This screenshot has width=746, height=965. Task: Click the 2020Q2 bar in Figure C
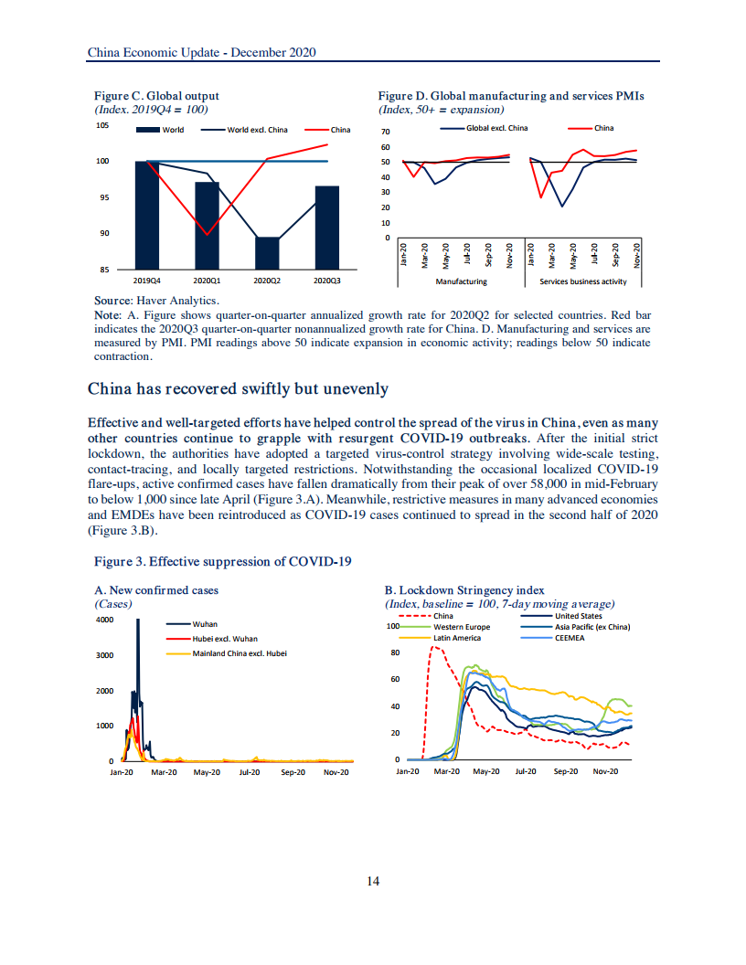[267, 253]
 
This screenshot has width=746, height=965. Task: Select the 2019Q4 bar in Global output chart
[146, 215]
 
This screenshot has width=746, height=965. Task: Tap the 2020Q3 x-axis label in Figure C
[327, 281]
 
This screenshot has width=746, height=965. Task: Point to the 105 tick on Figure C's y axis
[102, 125]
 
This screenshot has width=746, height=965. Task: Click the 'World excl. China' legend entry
[257, 130]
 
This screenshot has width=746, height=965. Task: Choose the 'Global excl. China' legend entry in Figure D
[497, 128]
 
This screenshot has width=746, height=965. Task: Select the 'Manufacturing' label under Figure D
[461, 281]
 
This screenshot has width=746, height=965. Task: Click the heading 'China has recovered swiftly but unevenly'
[238, 389]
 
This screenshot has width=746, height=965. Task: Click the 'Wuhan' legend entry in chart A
[205, 624]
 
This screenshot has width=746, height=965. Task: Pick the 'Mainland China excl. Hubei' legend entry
[240, 653]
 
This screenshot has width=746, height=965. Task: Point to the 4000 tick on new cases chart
[104, 620]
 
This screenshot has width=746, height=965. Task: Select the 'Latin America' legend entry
[457, 638]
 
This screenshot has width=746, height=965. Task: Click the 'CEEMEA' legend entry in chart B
[570, 638]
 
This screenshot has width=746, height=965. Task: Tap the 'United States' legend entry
[579, 616]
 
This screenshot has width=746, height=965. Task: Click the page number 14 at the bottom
[373, 881]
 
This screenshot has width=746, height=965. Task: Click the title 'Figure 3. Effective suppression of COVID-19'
[223, 561]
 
